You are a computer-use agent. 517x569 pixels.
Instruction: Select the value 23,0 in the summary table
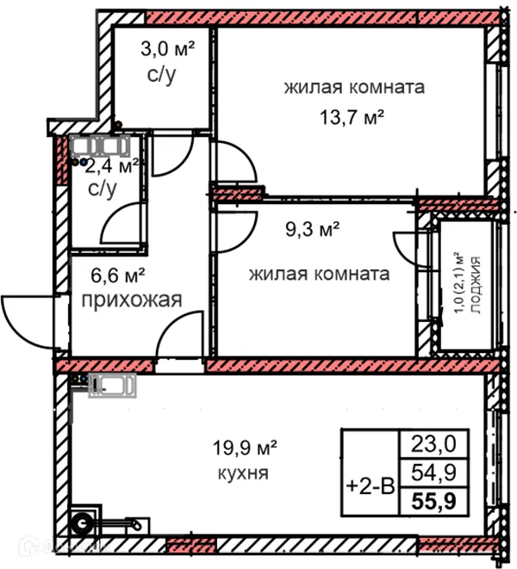click(x=434, y=444)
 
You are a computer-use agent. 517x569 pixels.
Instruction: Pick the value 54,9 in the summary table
click(x=434, y=470)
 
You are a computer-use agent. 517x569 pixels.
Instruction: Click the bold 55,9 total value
click(x=434, y=496)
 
